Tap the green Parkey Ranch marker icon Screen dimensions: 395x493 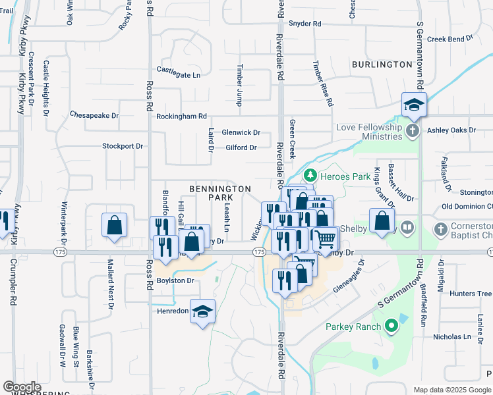click(x=391, y=327)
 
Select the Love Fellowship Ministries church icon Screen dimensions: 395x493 click(x=413, y=129)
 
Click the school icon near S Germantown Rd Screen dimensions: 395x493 click(x=415, y=104)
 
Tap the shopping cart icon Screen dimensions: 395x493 click(x=324, y=238)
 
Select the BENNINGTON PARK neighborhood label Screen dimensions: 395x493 click(x=220, y=193)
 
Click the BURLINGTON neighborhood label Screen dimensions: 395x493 click(x=382, y=65)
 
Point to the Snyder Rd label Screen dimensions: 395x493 click(x=305, y=24)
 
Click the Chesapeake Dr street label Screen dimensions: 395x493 click(x=94, y=115)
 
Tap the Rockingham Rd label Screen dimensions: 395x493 click(x=181, y=117)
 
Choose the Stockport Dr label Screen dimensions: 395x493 click(x=123, y=146)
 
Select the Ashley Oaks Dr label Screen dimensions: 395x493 click(x=451, y=130)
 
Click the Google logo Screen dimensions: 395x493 click(x=22, y=387)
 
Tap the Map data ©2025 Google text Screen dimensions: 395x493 click(x=451, y=390)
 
